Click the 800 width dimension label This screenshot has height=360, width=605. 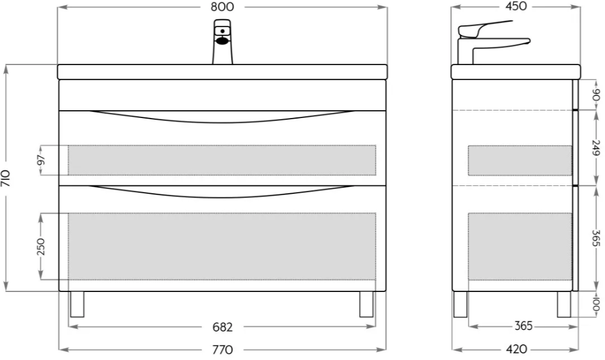point(222,7)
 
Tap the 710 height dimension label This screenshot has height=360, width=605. point(6,178)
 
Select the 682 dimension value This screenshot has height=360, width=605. point(223,327)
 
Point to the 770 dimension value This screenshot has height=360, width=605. point(223,350)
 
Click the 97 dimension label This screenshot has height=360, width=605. point(42,160)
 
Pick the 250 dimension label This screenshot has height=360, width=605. point(40,247)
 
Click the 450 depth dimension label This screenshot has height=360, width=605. point(516,6)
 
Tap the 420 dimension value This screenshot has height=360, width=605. point(516,349)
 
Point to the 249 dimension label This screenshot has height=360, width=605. point(596,147)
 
